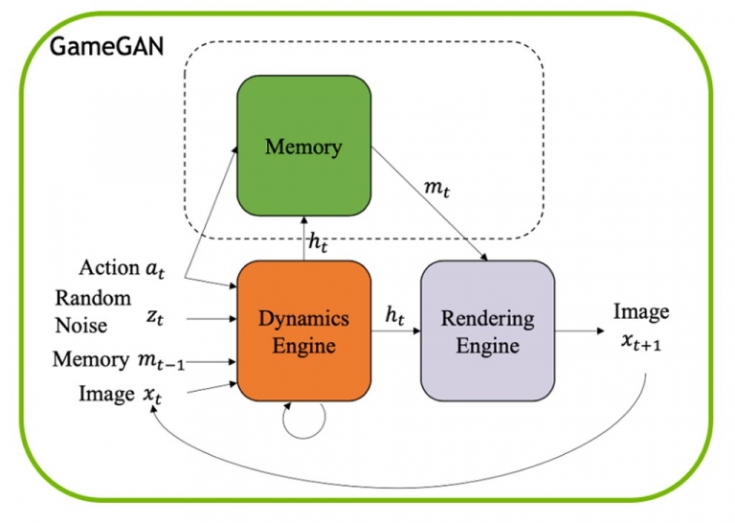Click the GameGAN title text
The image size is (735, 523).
[x=106, y=47]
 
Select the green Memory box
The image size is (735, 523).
[x=303, y=146]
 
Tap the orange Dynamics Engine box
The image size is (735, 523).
[x=303, y=330]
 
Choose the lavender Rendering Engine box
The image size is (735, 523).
[x=487, y=330]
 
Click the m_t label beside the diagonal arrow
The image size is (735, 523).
[x=436, y=189]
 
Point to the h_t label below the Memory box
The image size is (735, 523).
[x=318, y=242]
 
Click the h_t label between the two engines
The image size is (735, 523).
[x=394, y=315]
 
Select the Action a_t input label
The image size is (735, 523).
[x=122, y=268]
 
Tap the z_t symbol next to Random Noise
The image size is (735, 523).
[x=155, y=318]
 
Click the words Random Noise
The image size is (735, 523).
[x=93, y=311]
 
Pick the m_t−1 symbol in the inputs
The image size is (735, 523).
[x=161, y=361]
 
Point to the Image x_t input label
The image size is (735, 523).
[x=120, y=395]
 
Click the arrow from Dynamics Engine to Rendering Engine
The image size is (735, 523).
[x=396, y=330]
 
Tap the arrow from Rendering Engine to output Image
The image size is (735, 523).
[x=580, y=330]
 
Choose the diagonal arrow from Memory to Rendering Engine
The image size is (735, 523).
[x=430, y=204]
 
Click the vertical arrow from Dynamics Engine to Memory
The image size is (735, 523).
[x=303, y=239]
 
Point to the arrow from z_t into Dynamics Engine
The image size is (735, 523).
[x=212, y=319]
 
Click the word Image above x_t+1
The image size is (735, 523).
[x=641, y=312]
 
